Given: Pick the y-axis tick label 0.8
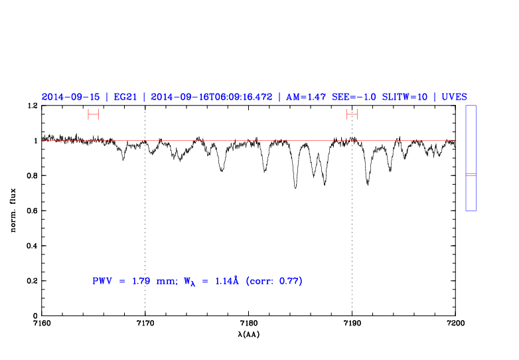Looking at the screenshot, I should coord(30,176).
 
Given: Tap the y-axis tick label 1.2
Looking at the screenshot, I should coord(30,106).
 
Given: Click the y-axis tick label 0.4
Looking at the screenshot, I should coord(30,246).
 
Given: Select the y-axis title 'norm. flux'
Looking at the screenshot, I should coord(13,211).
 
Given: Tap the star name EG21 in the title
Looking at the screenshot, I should coord(127,96).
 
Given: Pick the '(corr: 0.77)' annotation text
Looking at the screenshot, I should coord(273,281).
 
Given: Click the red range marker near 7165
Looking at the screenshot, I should coord(93,114).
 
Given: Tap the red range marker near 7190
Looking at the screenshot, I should coord(352,114).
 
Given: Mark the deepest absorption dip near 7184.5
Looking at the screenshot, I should coord(295,187).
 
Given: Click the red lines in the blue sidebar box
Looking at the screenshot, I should coord(471,175).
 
